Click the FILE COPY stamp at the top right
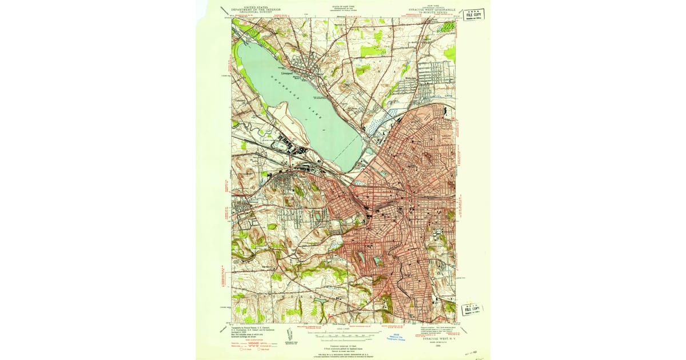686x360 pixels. [x=473, y=14]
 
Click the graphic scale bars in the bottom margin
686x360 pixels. [x=343, y=337]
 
